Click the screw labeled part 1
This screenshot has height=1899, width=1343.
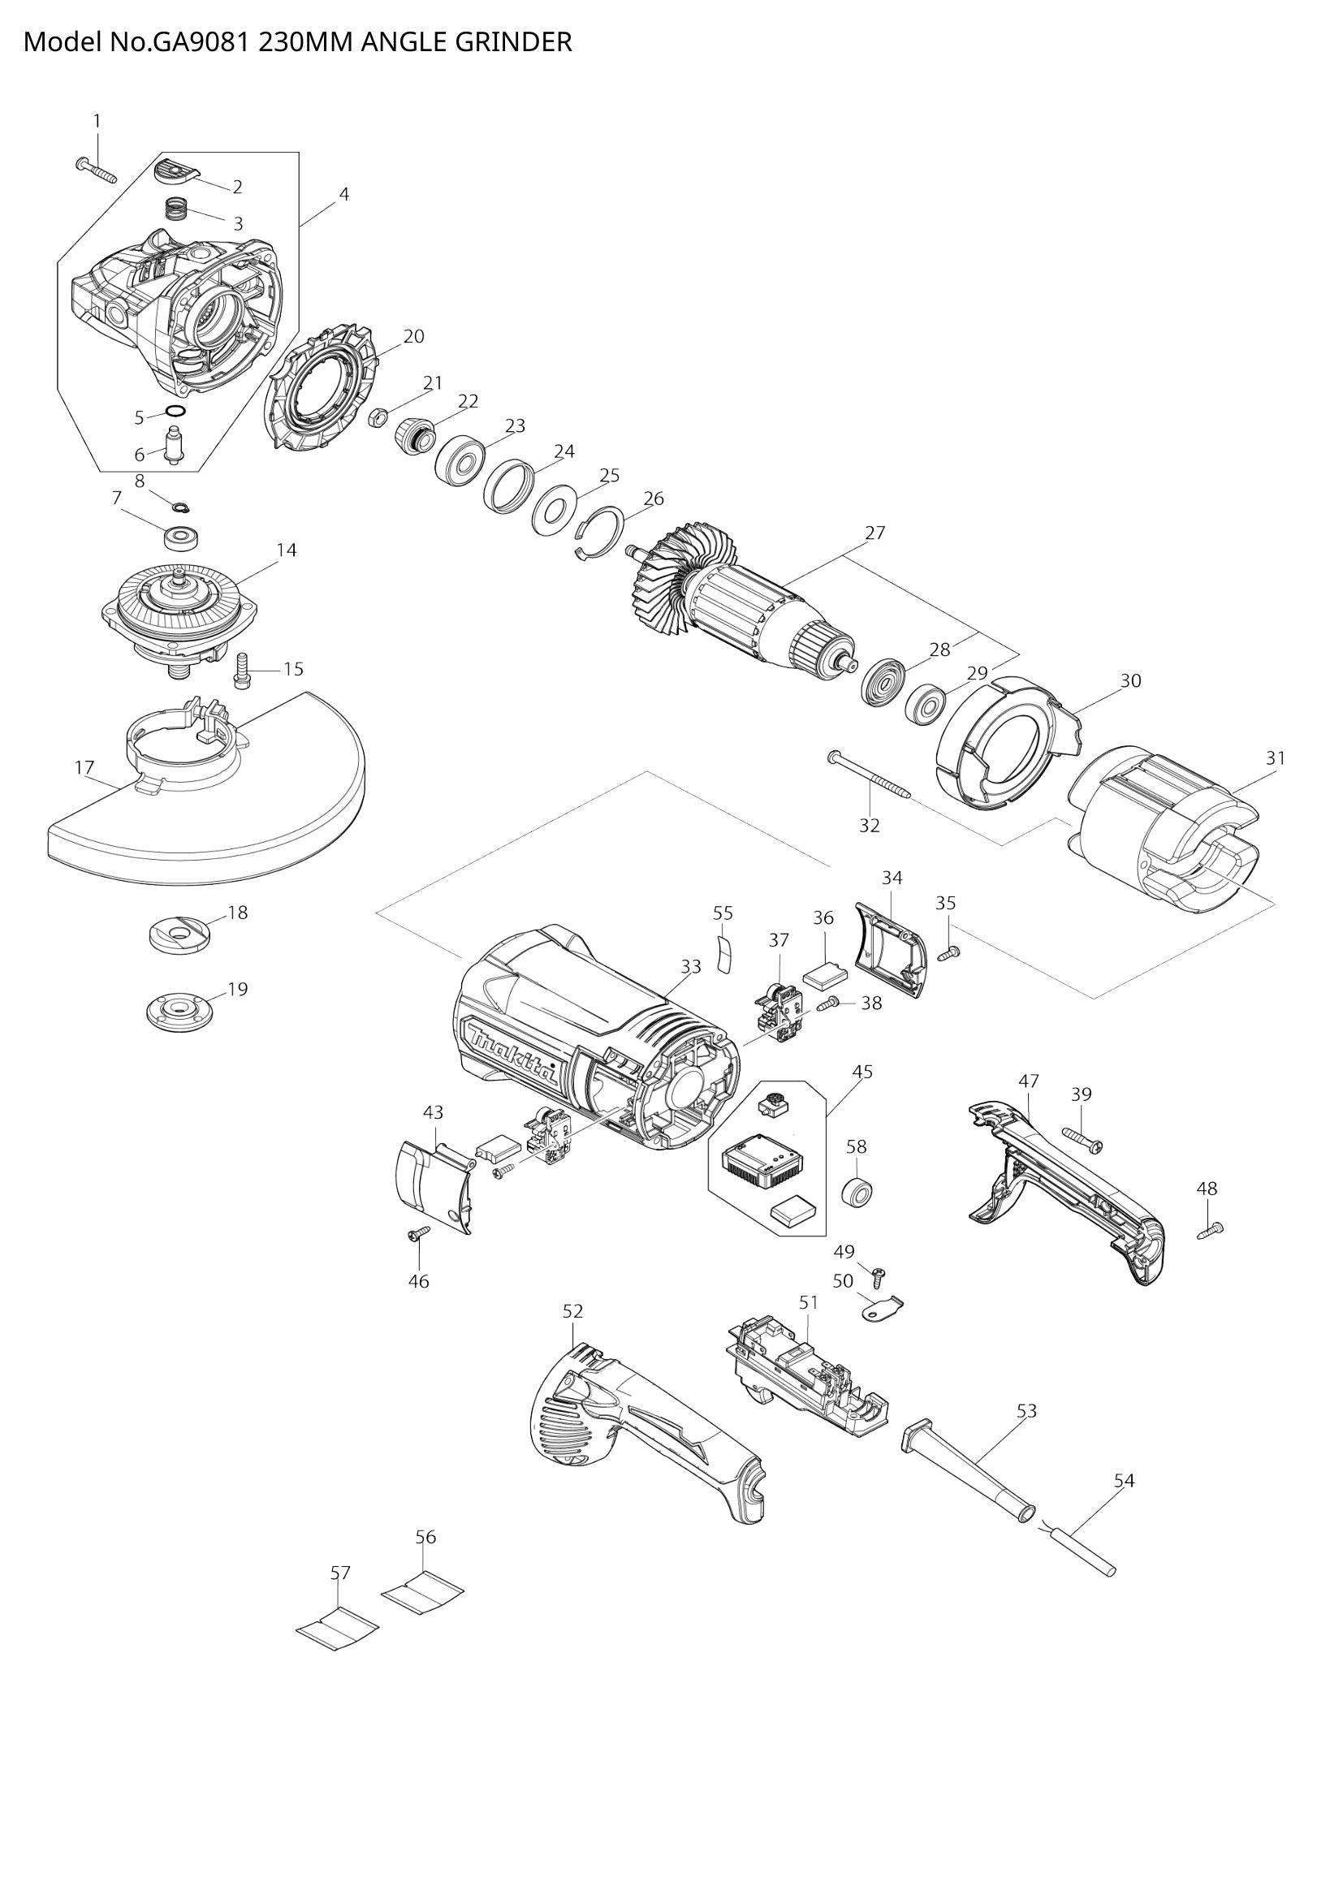pyautogui.click(x=95, y=171)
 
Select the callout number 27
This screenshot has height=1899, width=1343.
pyautogui.click(x=875, y=533)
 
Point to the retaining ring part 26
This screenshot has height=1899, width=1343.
pyautogui.click(x=600, y=535)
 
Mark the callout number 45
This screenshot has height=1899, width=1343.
pyautogui.click(x=862, y=1072)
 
